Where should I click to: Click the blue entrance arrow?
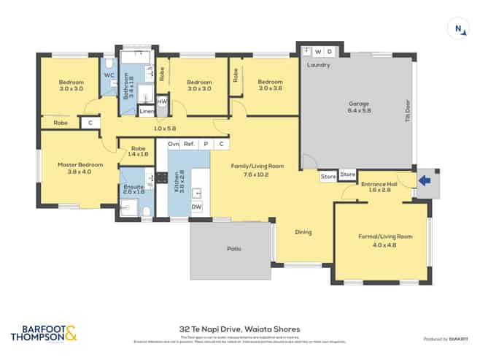click(427, 178)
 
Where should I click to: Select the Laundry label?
click(319, 65)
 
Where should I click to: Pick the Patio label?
click(233, 249)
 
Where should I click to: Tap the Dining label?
click(303, 232)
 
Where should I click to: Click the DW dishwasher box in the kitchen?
click(196, 207)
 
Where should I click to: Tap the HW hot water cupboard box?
click(162, 102)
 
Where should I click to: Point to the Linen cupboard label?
click(147, 111)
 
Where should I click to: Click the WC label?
click(109, 74)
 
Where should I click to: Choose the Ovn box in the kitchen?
click(174, 144)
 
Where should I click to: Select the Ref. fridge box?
click(188, 144)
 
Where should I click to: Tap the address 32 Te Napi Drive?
click(239, 329)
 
